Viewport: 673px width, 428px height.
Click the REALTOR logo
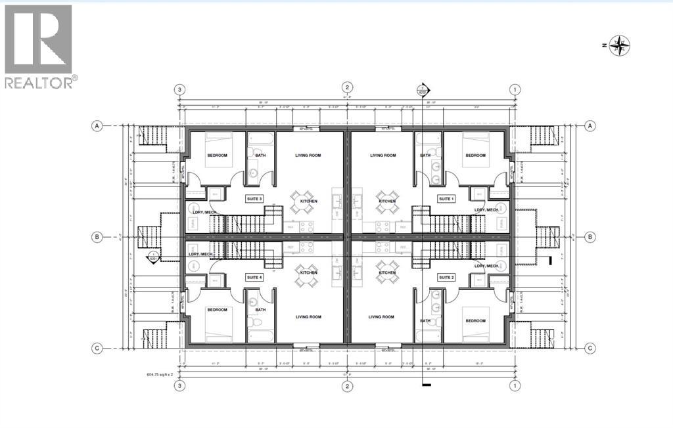point(39,46)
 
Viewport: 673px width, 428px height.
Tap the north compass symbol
point(618,45)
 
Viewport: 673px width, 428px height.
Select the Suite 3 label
point(254,198)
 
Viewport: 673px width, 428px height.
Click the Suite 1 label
point(447,198)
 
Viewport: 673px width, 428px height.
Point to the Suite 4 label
point(254,278)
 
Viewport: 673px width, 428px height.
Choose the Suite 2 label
point(447,278)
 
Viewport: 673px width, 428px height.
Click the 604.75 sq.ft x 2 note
point(164,375)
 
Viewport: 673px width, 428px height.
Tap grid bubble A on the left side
point(97,125)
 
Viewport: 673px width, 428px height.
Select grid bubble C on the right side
point(590,348)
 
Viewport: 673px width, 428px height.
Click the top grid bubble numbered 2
point(347,89)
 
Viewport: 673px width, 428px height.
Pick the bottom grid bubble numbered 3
point(178,385)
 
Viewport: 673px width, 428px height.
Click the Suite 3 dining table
point(303,202)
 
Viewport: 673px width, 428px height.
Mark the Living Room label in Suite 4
point(308,317)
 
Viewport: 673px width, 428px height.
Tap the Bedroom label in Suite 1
point(475,156)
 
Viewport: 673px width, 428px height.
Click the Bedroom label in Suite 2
point(475,321)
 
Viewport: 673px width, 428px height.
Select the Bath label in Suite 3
point(260,156)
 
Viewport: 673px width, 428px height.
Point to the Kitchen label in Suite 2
point(387,272)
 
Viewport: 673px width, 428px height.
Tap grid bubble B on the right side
point(590,236)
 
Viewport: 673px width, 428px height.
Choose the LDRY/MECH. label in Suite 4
point(202,254)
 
